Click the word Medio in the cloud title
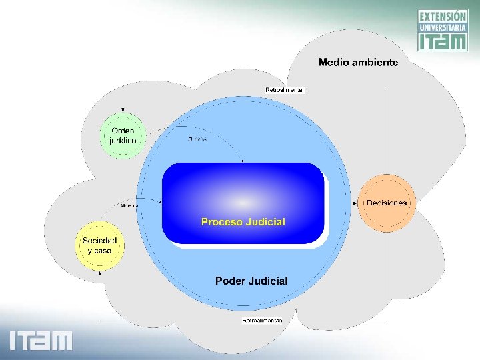(333, 62)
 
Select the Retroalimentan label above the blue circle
(285, 90)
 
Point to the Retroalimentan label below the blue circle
(262, 321)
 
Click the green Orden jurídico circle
(123, 135)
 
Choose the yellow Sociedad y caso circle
(99, 245)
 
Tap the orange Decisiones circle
(387, 203)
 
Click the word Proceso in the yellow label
(222, 222)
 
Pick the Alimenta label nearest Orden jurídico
(197, 139)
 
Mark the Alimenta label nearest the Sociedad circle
(129, 206)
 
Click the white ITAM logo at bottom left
(41, 340)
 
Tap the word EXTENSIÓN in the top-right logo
(443, 16)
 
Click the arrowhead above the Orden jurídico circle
(123, 110)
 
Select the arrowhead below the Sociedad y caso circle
(99, 272)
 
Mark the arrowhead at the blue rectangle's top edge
(242, 161)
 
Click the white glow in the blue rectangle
(243, 201)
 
